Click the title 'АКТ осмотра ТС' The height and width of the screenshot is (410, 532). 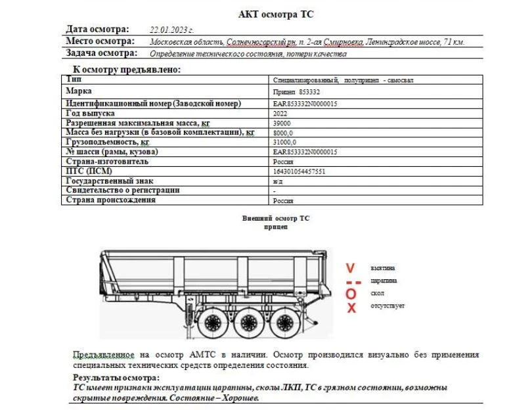pos(280,14)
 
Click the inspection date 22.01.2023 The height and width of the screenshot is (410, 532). pos(171,30)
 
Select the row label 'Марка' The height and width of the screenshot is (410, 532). pos(79,91)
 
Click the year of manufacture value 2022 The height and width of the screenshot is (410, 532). pos(280,114)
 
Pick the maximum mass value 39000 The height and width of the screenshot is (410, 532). pos(282,123)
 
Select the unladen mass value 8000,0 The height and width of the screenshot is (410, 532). pos(283,133)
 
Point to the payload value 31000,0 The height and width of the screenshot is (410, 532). pos(285,142)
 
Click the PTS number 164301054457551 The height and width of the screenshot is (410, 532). pos(299,171)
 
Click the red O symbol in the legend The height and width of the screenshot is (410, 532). pos(351,293)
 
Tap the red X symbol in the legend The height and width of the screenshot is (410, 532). pos(351,307)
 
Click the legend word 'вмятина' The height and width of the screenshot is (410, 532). pos(383,268)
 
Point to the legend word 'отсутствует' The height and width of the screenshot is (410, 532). pos(388,306)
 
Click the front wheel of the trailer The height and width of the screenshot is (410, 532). pos(212,323)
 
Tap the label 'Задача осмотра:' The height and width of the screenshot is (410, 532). pos(102,53)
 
